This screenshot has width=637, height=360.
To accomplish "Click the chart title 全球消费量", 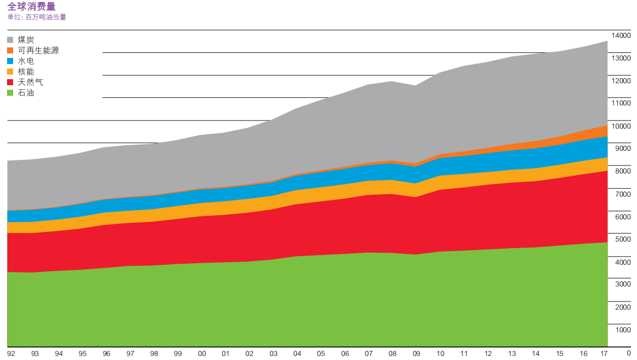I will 31,6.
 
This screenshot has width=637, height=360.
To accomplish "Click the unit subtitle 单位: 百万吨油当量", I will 37,17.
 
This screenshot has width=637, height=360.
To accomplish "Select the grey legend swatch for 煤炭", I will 11,40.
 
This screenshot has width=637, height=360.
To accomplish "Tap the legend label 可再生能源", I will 38,50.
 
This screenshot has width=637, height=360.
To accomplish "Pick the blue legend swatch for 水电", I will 11,62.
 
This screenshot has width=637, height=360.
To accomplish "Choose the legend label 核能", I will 26,72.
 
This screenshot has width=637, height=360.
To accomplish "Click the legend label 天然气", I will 30,82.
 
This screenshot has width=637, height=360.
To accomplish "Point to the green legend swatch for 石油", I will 11,93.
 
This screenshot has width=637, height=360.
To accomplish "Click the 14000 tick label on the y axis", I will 620,35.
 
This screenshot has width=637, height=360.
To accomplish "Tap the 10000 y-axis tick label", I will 620,126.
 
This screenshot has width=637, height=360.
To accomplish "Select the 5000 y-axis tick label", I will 622,239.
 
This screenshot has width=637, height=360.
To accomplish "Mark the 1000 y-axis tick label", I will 622,330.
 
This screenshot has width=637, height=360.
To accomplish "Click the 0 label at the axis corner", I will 628,353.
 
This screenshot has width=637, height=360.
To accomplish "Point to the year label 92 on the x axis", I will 11,354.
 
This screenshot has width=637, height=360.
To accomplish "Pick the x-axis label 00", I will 202,354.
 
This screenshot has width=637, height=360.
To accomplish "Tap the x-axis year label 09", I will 416,354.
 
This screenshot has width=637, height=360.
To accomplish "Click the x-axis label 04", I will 297,354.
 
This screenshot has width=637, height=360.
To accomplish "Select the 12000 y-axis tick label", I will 620,81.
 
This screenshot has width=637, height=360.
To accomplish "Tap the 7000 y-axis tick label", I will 622,194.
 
